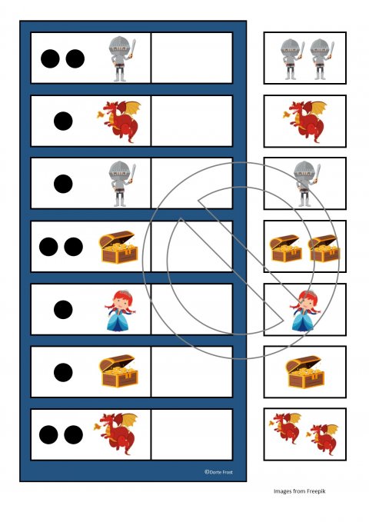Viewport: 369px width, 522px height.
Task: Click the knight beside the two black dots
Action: pyautogui.click(x=121, y=58)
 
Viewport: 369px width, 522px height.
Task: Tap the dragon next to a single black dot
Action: pyautogui.click(x=118, y=121)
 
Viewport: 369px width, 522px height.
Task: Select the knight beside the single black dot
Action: pyautogui.click(x=121, y=184)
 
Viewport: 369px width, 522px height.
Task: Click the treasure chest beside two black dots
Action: pyautogui.click(x=118, y=247)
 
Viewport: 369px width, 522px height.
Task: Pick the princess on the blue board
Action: pyautogui.click(x=120, y=311)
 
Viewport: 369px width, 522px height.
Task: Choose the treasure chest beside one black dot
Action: pyautogui.click(x=118, y=371)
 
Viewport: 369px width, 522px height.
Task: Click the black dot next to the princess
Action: pyautogui.click(x=63, y=309)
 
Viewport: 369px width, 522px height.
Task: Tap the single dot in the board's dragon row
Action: pyautogui.click(x=63, y=121)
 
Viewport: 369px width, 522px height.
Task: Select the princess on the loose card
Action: pyautogui.click(x=305, y=311)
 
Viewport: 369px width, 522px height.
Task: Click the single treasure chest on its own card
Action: pyautogui.click(x=304, y=372)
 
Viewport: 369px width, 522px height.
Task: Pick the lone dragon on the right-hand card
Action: pyautogui.click(x=304, y=121)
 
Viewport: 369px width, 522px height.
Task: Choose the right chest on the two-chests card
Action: pyautogui.click(x=324, y=248)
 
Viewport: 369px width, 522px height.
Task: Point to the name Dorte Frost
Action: pyautogui.click(x=221, y=472)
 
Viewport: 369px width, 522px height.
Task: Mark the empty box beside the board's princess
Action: pyautogui.click(x=192, y=309)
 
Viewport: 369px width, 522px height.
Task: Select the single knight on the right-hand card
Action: pyautogui.click(x=307, y=184)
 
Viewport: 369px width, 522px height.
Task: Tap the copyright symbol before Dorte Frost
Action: pyautogui.click(x=207, y=472)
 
